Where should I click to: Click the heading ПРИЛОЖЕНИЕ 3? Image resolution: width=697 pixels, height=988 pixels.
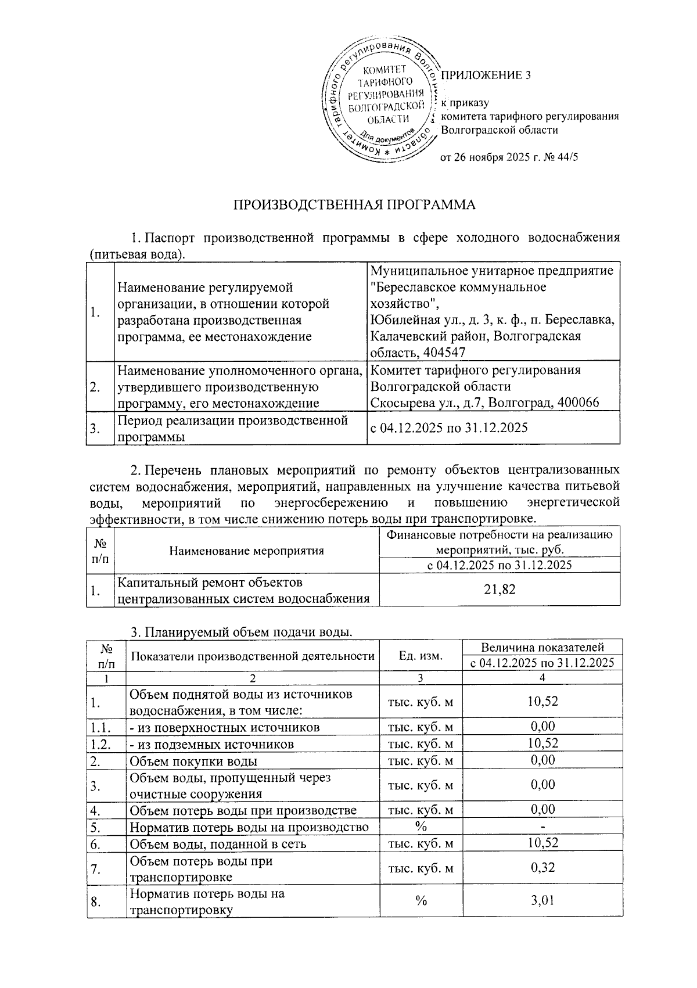tap(486, 75)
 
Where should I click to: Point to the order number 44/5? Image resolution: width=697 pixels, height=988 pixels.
tap(567, 157)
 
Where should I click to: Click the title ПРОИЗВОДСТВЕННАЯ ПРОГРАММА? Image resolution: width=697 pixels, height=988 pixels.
tap(354, 204)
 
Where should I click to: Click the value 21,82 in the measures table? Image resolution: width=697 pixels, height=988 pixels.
tap(500, 590)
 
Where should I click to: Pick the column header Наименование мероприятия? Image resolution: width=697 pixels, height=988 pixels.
tap(246, 551)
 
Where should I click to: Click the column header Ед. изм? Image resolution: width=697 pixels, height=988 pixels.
tap(421, 655)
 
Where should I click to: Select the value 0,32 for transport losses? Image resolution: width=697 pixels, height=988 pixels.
tap(542, 867)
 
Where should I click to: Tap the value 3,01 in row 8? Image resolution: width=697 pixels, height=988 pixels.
tap(542, 900)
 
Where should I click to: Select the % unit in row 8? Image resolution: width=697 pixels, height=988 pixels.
tap(421, 900)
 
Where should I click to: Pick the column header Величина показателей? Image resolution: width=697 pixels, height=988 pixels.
tap(542, 647)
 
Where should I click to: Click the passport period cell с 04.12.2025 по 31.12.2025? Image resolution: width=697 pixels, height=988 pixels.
tap(449, 428)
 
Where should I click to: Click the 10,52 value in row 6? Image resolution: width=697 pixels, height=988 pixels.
tap(542, 843)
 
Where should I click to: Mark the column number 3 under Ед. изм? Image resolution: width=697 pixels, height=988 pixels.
tap(421, 678)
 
